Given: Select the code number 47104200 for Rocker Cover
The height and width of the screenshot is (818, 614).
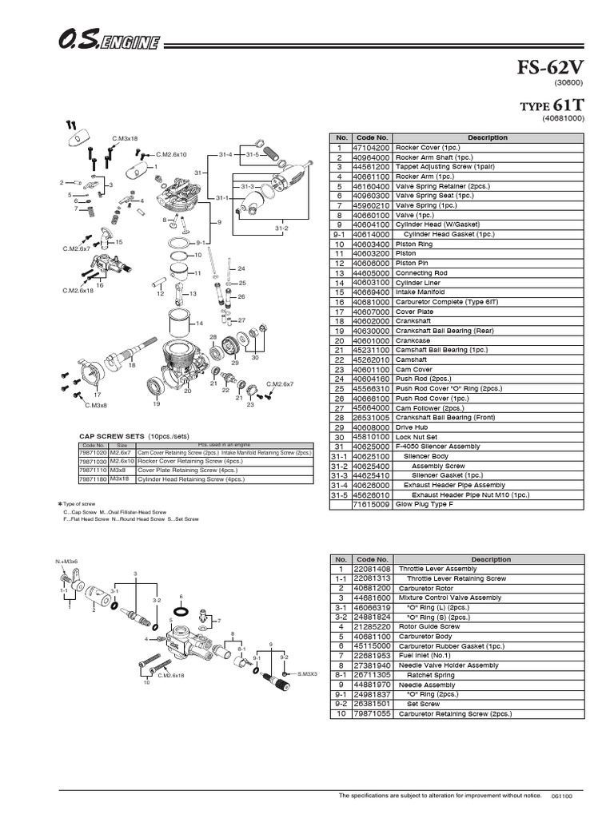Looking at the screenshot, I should (x=370, y=148).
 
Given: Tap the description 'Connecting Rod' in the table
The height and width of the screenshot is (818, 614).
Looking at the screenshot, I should (x=421, y=272).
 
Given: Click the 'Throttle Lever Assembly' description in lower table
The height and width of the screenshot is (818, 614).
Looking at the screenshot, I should (x=435, y=570).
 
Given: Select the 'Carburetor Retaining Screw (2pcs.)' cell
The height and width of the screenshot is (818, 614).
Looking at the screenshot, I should (x=453, y=714).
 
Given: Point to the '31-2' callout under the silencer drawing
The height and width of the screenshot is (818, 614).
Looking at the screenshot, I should (x=281, y=229).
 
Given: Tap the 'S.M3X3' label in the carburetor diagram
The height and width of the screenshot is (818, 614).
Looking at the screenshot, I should (x=306, y=673).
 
